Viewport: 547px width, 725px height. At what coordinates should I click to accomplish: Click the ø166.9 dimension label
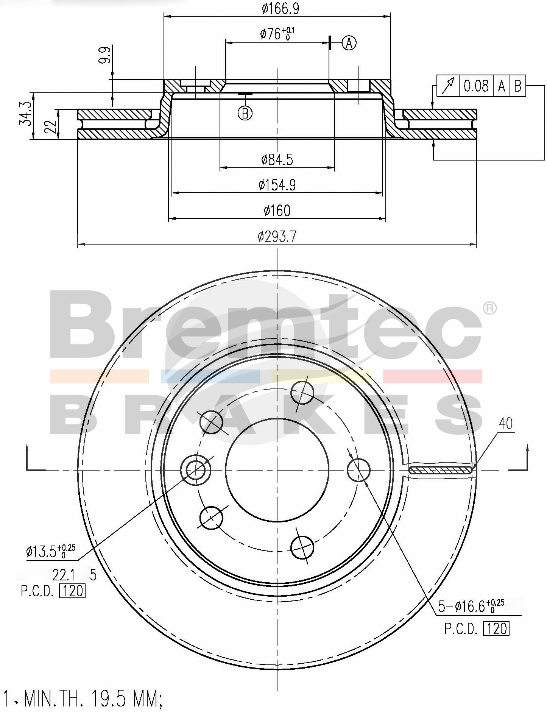(x=281, y=8)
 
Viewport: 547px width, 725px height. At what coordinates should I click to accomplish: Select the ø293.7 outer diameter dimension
(x=277, y=237)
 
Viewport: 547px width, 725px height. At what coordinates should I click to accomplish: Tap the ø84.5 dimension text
(x=277, y=160)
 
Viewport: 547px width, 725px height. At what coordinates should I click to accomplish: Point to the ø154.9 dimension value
(x=277, y=185)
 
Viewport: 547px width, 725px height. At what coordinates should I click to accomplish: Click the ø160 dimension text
(x=277, y=210)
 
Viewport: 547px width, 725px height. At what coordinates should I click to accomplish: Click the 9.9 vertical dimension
(x=106, y=55)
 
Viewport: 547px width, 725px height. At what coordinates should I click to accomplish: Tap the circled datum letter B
(x=245, y=113)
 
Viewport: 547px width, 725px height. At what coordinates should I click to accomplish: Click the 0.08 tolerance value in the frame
(x=477, y=86)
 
